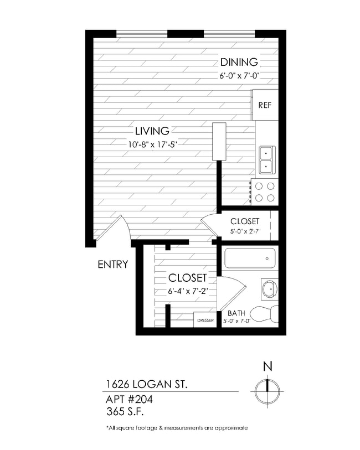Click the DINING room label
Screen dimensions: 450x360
click(239, 62)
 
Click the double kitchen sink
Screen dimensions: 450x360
click(266, 158)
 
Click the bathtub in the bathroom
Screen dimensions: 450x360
click(250, 258)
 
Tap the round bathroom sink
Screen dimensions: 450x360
click(269, 288)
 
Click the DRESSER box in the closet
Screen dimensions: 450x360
click(204, 320)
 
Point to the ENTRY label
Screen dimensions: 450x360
click(113, 265)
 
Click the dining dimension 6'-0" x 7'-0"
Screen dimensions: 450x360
click(239, 76)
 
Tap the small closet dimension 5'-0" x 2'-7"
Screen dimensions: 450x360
click(245, 232)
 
